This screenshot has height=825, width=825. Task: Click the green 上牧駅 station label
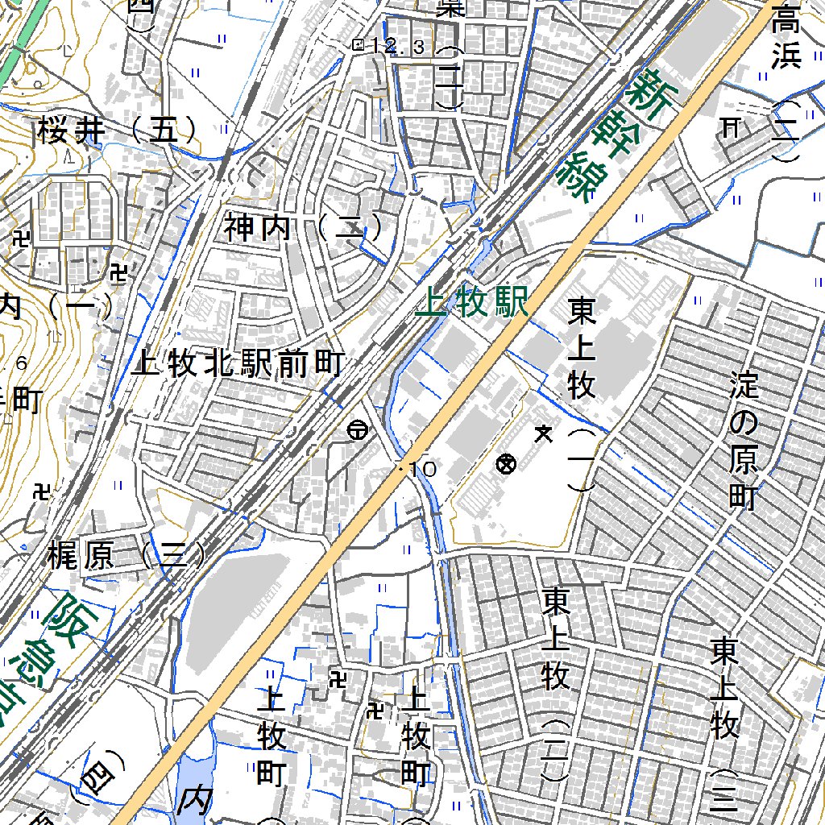(x=473, y=304)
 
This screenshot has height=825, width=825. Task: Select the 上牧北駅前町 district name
(x=238, y=365)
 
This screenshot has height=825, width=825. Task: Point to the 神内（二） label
(x=303, y=229)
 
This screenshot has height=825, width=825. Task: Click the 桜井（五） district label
(x=117, y=130)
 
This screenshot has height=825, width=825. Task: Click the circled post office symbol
(x=357, y=431)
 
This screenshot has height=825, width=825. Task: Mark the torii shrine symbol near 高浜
(x=731, y=126)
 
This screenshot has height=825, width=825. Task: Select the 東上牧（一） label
(x=581, y=391)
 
